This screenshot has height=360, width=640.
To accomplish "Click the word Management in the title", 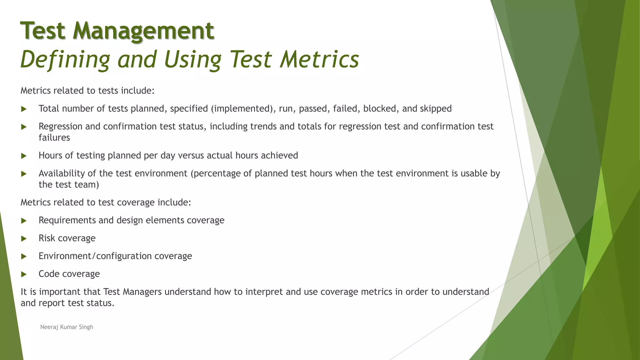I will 143,31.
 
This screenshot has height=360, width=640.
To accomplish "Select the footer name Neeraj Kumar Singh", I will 67,327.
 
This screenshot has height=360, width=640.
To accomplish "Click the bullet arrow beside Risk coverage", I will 24,239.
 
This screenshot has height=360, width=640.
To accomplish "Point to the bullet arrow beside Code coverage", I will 24,274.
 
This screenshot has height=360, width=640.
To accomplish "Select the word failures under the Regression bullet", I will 54,137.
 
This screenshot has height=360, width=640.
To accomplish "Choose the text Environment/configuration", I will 95,256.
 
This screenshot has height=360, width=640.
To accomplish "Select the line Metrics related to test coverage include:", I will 106,202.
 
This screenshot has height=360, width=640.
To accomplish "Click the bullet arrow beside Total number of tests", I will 24,109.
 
